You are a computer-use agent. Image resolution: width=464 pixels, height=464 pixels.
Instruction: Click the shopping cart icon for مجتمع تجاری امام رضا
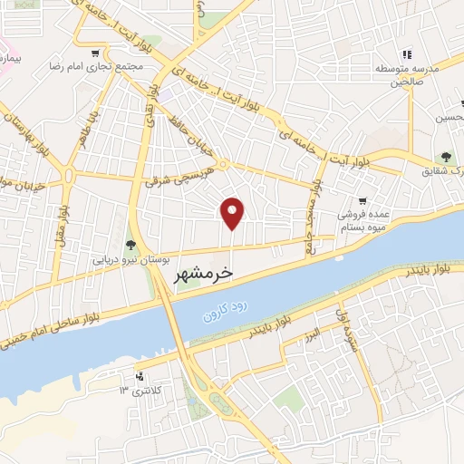coord(97,52)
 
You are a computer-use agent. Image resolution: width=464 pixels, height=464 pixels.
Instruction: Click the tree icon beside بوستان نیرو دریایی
coord(130,244)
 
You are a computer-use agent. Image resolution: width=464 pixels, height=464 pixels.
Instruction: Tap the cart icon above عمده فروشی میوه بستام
coord(362,201)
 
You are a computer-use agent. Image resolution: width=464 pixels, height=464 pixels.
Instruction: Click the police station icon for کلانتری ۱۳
coord(139,375)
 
